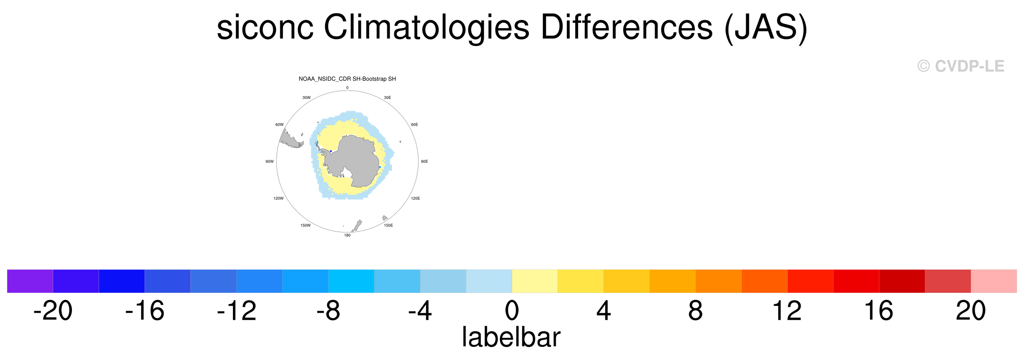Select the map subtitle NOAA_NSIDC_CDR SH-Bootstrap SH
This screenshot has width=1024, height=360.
pyautogui.click(x=347, y=79)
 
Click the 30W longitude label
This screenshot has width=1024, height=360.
pyautogui.click(x=306, y=97)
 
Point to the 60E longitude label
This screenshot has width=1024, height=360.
pyautogui.click(x=415, y=124)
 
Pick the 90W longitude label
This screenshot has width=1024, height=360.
pyautogui.click(x=270, y=161)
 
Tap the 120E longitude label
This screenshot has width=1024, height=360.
pyautogui.click(x=415, y=198)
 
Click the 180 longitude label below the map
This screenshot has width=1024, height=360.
pyautogui.click(x=347, y=235)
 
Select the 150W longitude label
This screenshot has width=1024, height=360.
pyautogui.click(x=305, y=225)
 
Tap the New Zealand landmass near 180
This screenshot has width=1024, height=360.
pyautogui.click(x=358, y=225)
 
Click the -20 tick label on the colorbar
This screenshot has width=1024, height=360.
pyautogui.click(x=53, y=310)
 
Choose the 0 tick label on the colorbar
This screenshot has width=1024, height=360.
pyautogui.click(x=512, y=310)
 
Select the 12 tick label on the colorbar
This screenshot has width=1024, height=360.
pyautogui.click(x=787, y=310)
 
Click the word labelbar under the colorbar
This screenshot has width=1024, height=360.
pyautogui.click(x=511, y=337)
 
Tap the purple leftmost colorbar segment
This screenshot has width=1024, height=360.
pyautogui.click(x=30, y=281)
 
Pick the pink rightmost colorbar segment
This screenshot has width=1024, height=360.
pyautogui.click(x=994, y=281)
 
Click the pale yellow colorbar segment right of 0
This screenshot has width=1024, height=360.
pyautogui.click(x=535, y=281)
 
